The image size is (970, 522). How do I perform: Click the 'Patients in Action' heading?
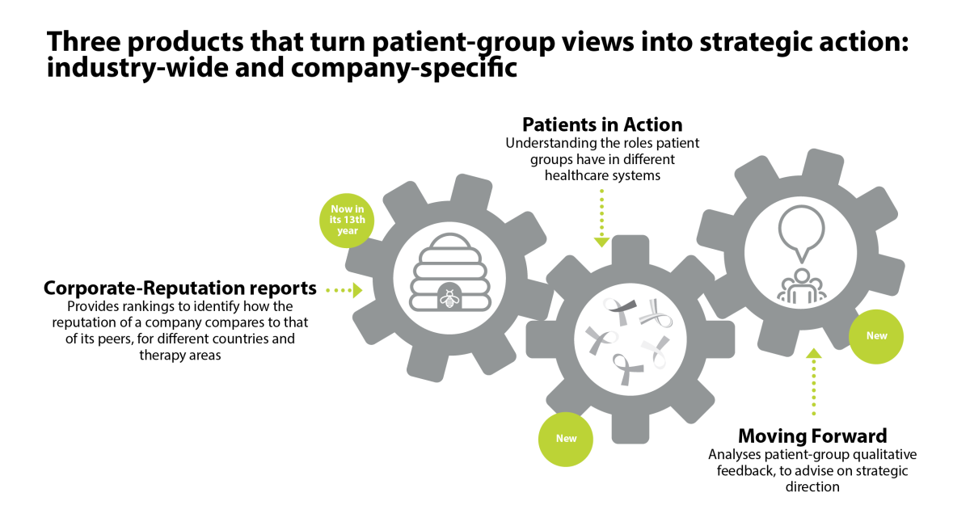[x=602, y=124]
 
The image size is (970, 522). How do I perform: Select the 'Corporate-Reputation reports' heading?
[x=180, y=288]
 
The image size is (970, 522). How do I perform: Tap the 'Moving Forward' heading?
[x=812, y=436]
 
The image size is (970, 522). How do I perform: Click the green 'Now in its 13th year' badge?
[x=347, y=221]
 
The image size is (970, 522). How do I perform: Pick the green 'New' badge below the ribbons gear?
[x=566, y=439]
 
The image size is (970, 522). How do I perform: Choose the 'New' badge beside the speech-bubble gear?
[x=876, y=336]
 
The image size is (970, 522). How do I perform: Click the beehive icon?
[x=450, y=272]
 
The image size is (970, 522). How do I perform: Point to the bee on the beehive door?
[x=449, y=299]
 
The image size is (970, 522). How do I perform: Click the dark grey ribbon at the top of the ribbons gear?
[x=620, y=310]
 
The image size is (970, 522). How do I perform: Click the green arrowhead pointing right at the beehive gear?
[x=357, y=290]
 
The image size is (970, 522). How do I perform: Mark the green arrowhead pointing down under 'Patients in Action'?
[x=601, y=242]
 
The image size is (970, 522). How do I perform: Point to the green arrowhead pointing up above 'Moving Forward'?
[x=814, y=353]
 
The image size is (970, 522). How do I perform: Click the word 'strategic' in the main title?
[x=755, y=42]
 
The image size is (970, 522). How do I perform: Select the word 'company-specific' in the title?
[x=404, y=69]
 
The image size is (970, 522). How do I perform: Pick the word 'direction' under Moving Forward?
[x=812, y=487]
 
